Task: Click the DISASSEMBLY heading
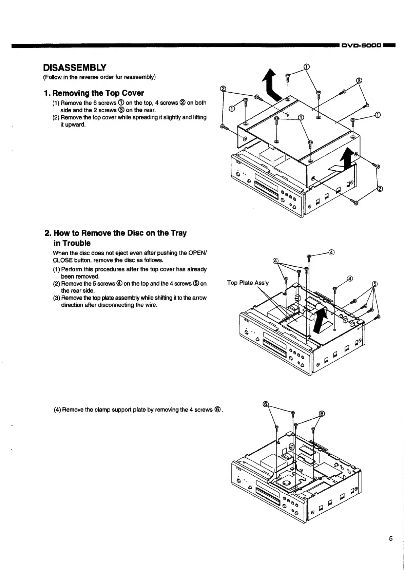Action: [x=75, y=67]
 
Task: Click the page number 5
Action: [x=391, y=538]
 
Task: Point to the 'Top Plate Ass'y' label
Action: [x=248, y=283]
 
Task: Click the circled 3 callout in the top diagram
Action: [x=359, y=80]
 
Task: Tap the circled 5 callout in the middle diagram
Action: [x=375, y=284]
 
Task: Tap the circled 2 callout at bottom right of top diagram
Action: [x=380, y=189]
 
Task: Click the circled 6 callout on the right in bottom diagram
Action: [x=322, y=414]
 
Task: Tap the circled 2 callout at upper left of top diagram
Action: [x=223, y=89]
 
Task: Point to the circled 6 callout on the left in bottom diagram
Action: [x=266, y=404]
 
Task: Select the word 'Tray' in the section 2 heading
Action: [x=178, y=233]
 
